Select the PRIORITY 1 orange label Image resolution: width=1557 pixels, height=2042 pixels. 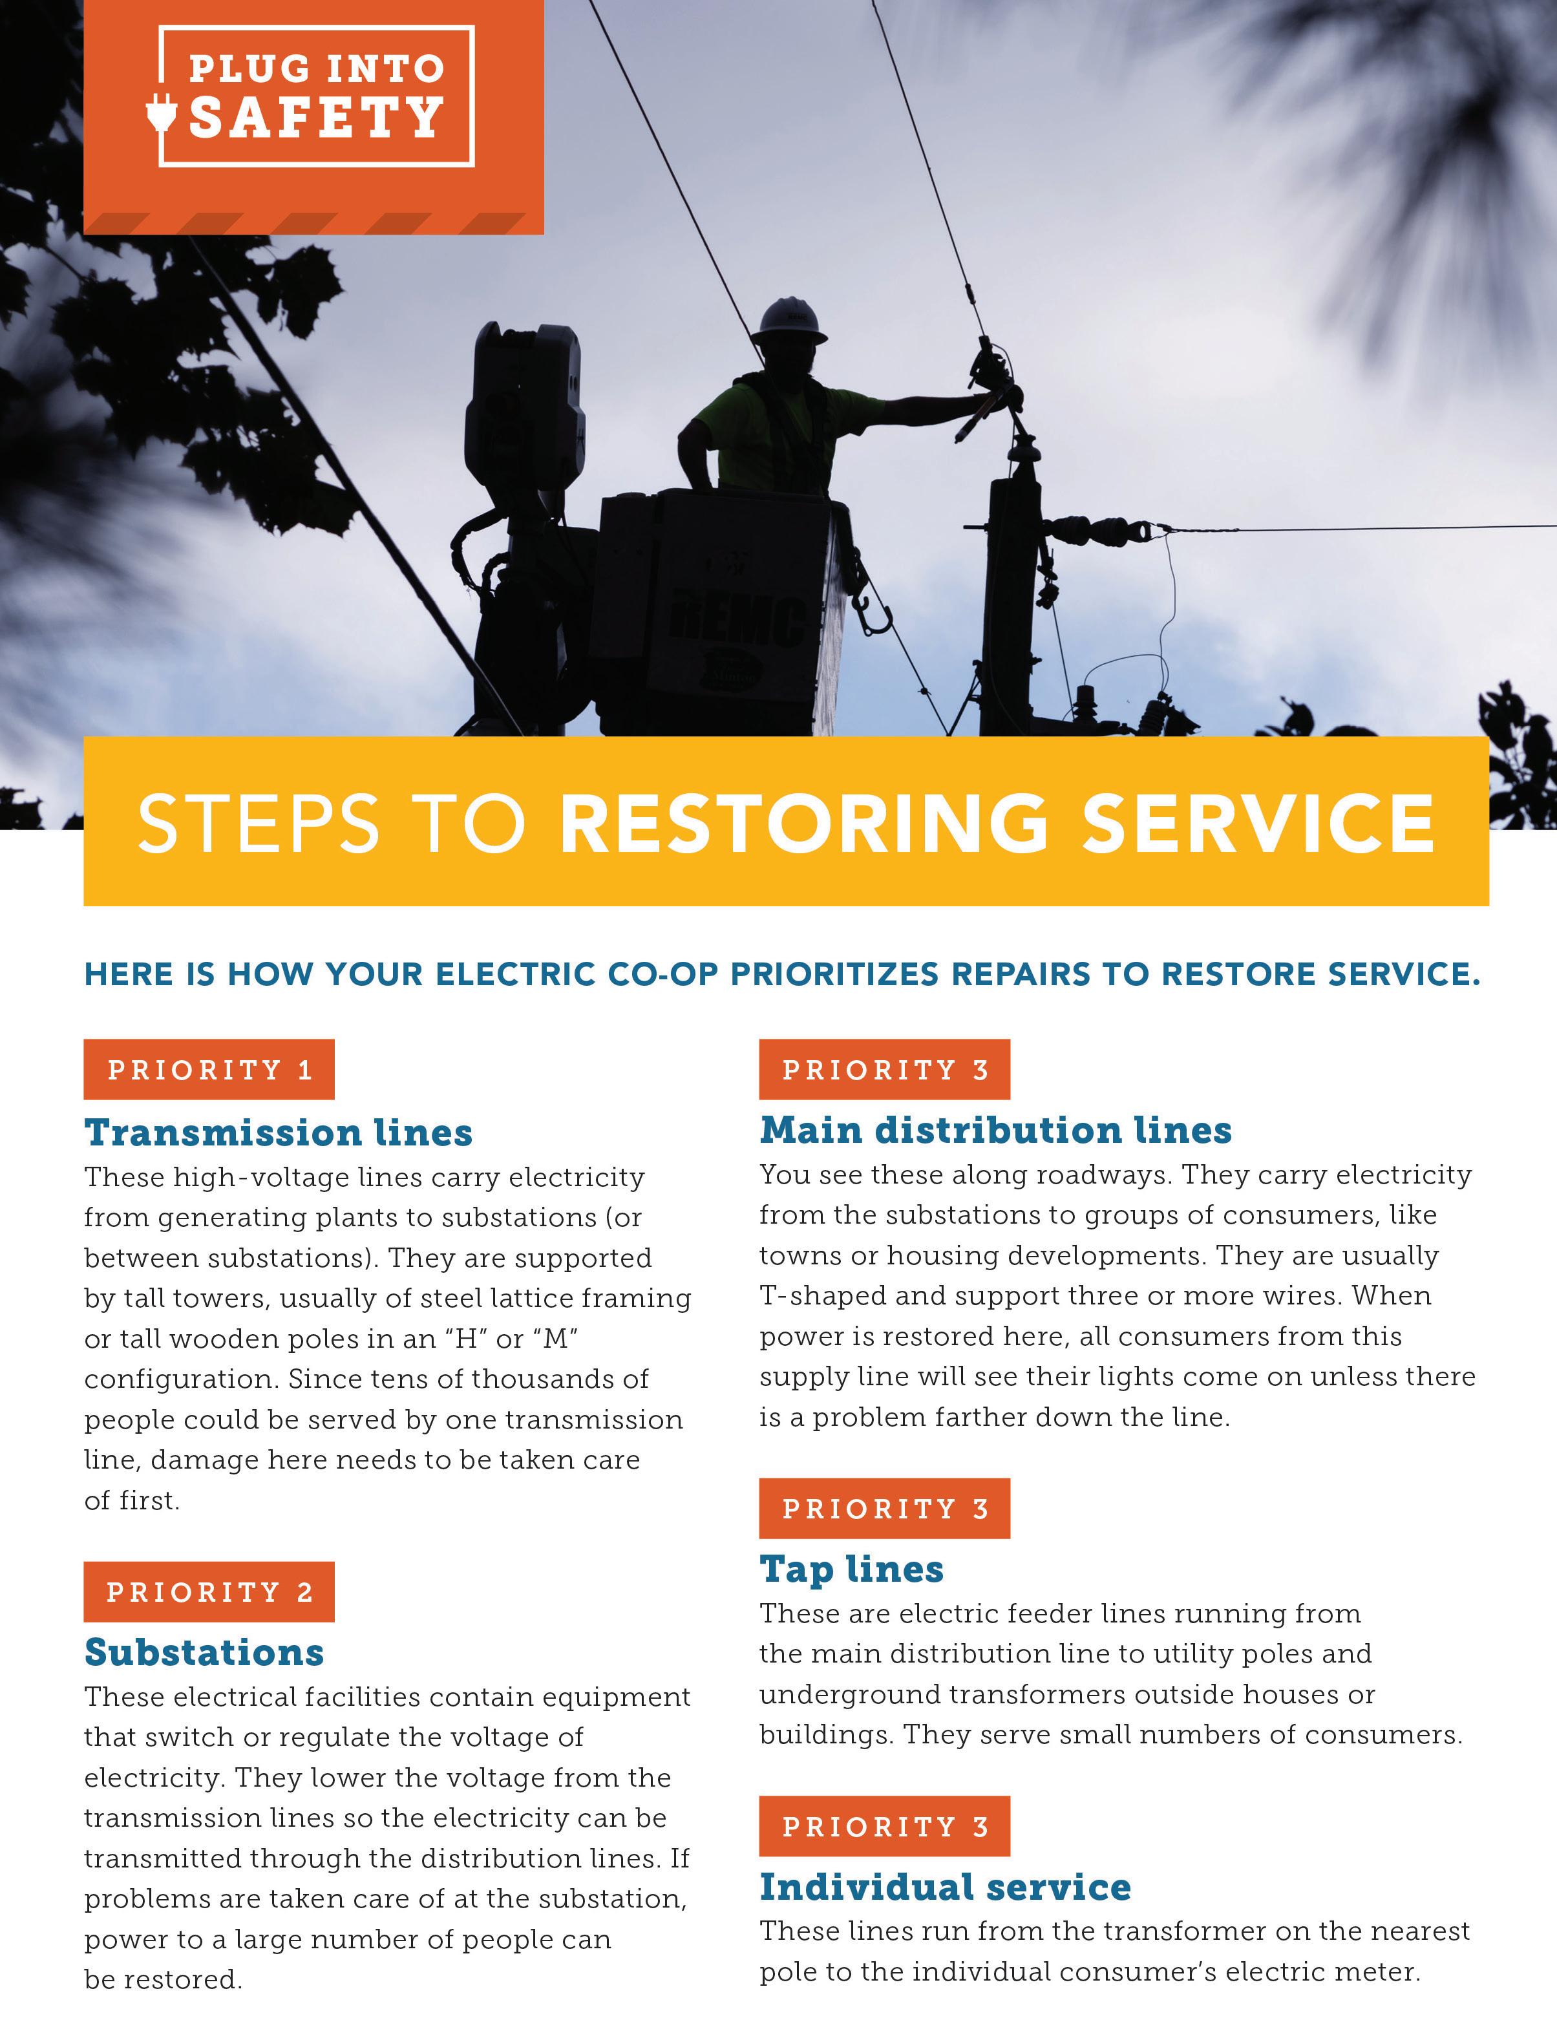[x=209, y=1070]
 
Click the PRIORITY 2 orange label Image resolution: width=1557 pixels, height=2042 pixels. [x=209, y=1591]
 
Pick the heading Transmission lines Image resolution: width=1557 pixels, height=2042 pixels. [x=278, y=1133]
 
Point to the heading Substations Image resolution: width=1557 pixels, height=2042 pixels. [x=204, y=1652]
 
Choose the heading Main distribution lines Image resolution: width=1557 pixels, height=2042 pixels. [x=995, y=1130]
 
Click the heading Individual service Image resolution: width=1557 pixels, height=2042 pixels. [x=946, y=1886]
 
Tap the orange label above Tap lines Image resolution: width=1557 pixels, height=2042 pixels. [x=884, y=1508]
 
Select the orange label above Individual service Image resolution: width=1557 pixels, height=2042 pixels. [x=884, y=1826]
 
